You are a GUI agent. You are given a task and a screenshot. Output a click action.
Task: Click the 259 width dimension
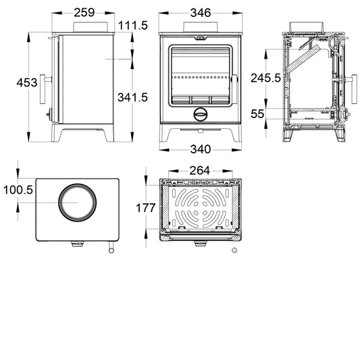[x=84, y=13]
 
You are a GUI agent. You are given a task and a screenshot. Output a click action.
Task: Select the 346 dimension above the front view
[x=201, y=13]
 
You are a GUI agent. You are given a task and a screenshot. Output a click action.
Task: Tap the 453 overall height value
[x=27, y=82]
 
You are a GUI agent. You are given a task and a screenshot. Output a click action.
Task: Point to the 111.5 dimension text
[x=133, y=25]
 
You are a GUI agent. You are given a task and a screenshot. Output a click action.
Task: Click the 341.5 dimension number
[x=132, y=97]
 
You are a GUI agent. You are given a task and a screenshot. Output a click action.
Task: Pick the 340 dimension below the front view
[x=201, y=149]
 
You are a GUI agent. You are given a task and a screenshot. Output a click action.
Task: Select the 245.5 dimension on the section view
[x=265, y=78]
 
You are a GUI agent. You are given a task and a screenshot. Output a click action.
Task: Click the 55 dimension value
[x=257, y=114]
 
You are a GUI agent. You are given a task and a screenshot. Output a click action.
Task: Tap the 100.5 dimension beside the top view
[x=18, y=190]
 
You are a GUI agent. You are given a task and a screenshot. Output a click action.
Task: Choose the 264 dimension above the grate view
[x=200, y=171]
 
